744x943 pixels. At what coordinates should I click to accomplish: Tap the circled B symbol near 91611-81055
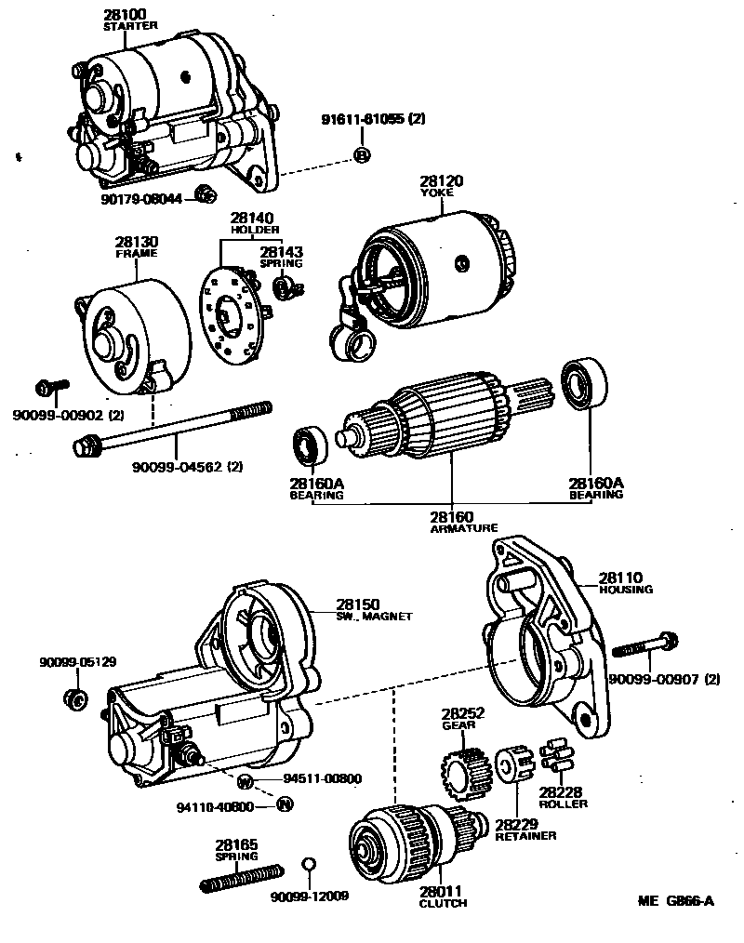(362, 154)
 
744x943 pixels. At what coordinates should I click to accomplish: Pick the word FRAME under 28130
(136, 253)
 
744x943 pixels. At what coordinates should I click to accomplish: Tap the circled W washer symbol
(246, 779)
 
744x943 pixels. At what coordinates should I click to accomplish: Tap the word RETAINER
(525, 836)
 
